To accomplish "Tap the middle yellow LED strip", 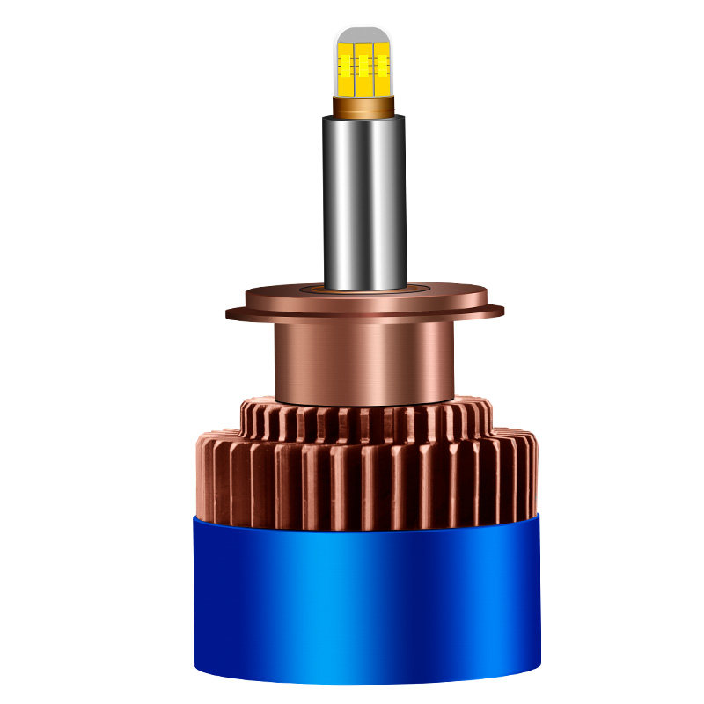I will (x=363, y=66).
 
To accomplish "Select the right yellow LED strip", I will (x=381, y=66).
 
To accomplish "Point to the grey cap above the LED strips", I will (x=363, y=34).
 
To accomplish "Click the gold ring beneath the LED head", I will (x=363, y=106).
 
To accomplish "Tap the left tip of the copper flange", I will (x=231, y=312).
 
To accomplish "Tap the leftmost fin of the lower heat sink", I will (x=195, y=480).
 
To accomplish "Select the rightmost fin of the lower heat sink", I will (x=531, y=480).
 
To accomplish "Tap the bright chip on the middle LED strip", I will (x=363, y=62).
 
